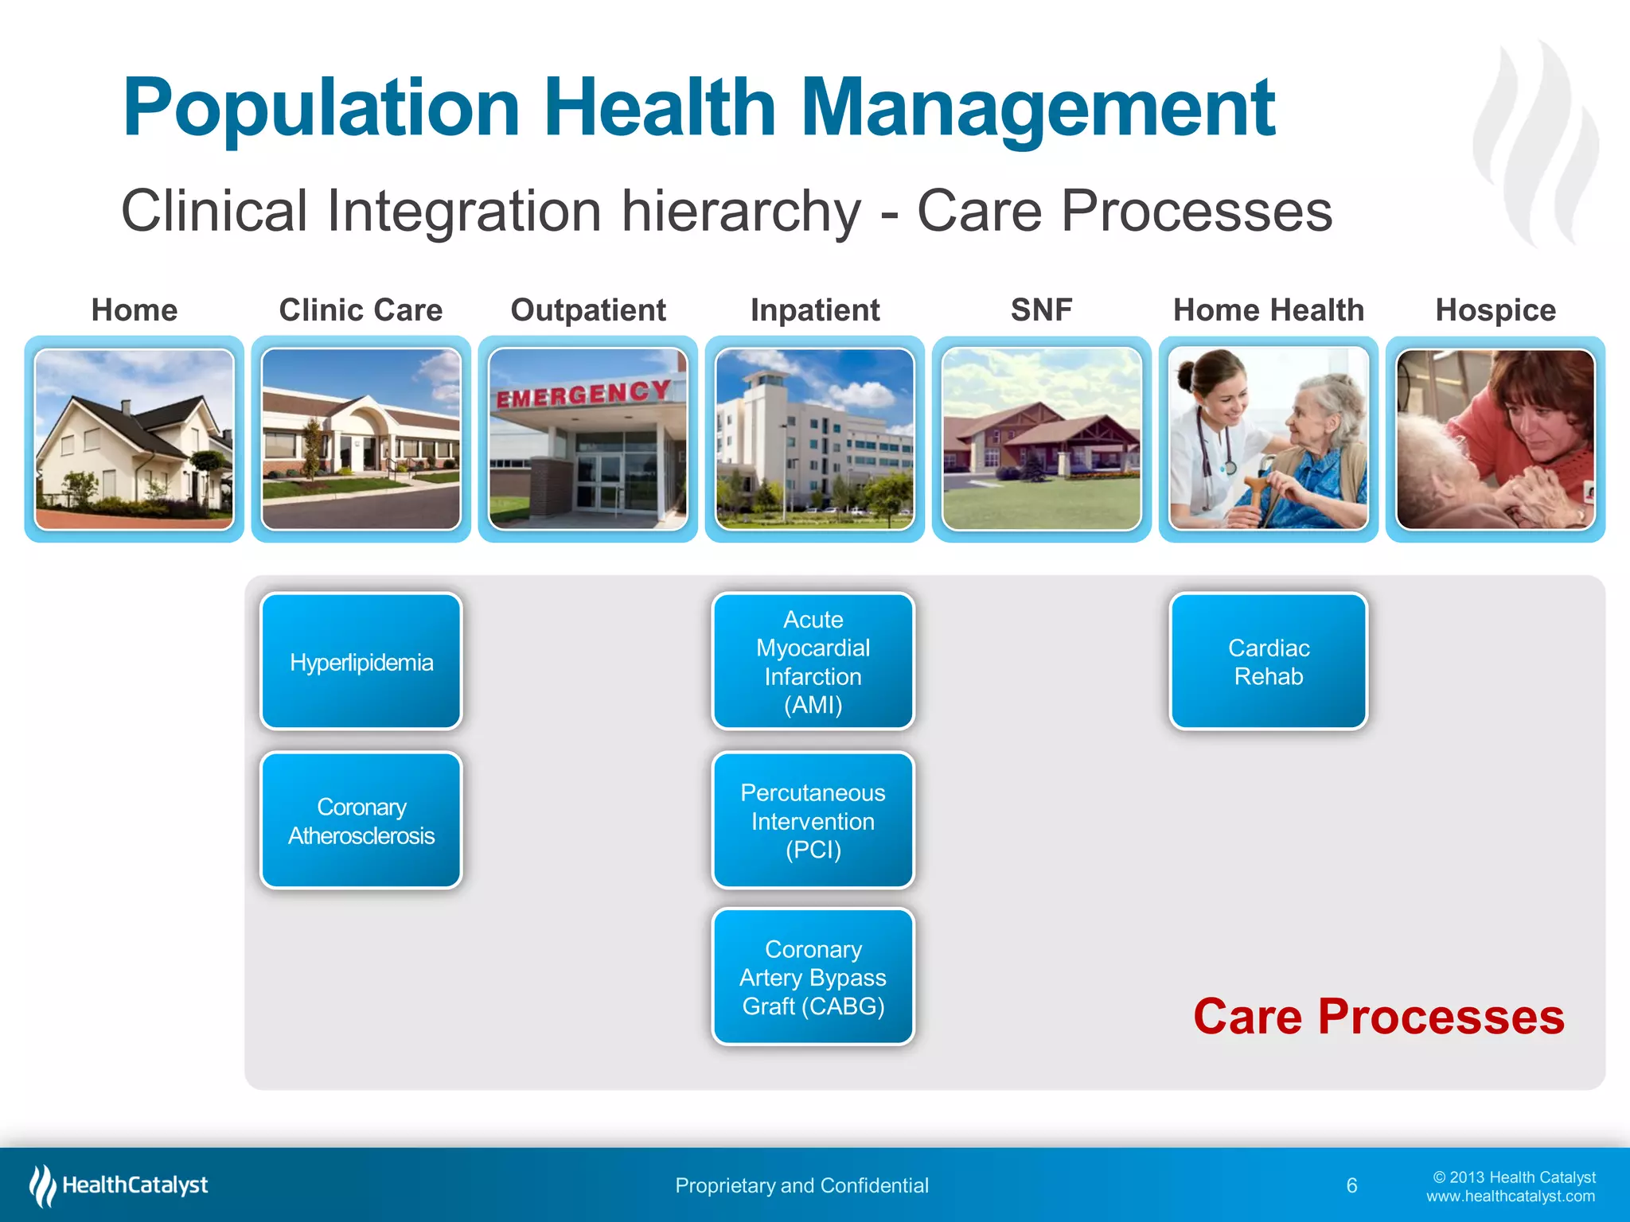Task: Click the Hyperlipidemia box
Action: tap(361, 662)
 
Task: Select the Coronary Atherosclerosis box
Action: tap(361, 820)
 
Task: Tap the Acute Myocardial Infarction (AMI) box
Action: tap(813, 661)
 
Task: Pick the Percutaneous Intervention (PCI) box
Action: tap(813, 820)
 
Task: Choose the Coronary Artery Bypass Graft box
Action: tap(813, 977)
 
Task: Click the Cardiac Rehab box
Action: tap(1269, 661)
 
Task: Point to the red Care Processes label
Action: tap(1378, 1017)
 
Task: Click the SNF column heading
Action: tap(1041, 310)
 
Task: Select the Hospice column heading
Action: tap(1495, 310)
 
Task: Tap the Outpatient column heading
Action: tap(588, 310)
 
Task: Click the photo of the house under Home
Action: tap(135, 439)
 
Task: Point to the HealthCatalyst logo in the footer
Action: tap(119, 1185)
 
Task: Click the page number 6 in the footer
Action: tap(1351, 1185)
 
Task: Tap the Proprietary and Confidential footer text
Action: tap(801, 1185)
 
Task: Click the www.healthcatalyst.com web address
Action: tap(1510, 1197)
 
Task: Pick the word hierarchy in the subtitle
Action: tap(740, 212)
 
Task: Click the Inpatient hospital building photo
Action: tap(814, 439)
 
